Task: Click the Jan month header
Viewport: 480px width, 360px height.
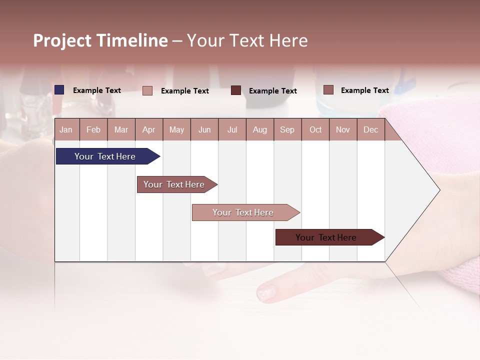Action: [x=66, y=129]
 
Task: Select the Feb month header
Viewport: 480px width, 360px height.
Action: [x=93, y=129]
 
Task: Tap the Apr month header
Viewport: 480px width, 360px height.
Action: [x=148, y=129]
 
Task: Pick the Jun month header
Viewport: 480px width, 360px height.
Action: [x=204, y=129]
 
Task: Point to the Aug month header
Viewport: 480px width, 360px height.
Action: [x=259, y=129]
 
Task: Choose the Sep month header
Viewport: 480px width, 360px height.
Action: [x=287, y=129]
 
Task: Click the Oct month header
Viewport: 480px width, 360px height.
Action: [x=315, y=129]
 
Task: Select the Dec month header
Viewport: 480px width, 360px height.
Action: [x=370, y=129]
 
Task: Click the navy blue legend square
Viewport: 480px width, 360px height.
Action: [x=59, y=90]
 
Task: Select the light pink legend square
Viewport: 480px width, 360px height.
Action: [x=147, y=90]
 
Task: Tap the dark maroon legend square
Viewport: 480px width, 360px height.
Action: [x=236, y=90]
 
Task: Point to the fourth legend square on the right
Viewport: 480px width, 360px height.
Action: [x=328, y=90]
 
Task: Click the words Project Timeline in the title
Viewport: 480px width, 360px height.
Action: [x=100, y=40]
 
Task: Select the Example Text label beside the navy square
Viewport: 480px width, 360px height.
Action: [x=97, y=90]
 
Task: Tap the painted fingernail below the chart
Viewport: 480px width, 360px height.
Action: [x=266, y=292]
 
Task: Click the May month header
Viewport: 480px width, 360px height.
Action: [x=176, y=129]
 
